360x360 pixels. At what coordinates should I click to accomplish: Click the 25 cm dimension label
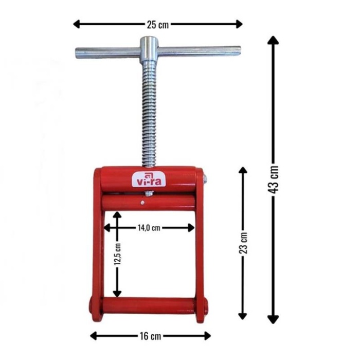coord(158,25)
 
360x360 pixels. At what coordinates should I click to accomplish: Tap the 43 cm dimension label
coord(273,179)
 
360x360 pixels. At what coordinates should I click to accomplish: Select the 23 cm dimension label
coord(243,243)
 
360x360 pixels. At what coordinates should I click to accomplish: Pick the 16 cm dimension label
coord(150,336)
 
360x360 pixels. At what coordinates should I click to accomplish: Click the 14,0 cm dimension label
coord(149,228)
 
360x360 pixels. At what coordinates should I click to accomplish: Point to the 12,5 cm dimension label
coord(117,254)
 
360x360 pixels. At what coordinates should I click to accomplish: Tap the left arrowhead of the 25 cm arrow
coord(77,24)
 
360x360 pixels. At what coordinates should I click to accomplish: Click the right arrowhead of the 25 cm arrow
coord(239,24)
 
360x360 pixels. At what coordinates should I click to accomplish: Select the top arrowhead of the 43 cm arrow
coord(273,40)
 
